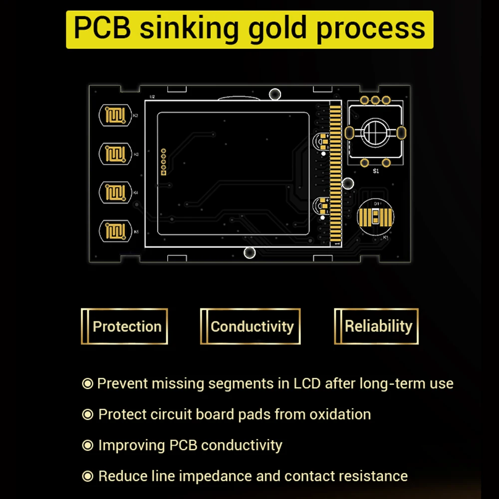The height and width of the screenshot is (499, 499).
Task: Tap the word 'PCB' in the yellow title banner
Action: pos(102,28)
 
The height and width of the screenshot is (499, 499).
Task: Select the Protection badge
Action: pos(125,327)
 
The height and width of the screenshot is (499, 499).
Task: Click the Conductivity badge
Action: pos(250,327)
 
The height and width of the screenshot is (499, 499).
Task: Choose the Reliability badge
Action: pos(377,327)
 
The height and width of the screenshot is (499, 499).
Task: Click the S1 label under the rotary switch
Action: pos(376,171)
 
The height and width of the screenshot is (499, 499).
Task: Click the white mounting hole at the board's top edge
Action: pos(274,94)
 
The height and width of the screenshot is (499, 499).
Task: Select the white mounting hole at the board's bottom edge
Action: pos(249,252)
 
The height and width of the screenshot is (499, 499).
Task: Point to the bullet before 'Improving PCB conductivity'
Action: pos(88,445)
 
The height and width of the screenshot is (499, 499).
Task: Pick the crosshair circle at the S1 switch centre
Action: pos(375,132)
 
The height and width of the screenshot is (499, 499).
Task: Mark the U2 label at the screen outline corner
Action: pos(152,96)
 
